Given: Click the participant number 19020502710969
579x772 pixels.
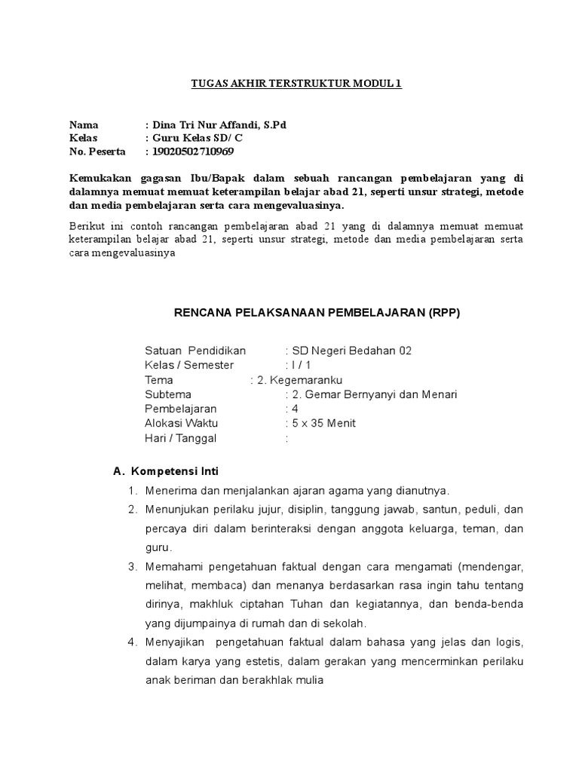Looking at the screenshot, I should (193, 152).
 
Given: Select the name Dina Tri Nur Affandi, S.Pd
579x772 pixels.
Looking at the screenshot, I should (219, 124).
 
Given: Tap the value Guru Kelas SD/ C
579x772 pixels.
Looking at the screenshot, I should (198, 138).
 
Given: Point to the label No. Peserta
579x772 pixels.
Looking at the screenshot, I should (97, 152).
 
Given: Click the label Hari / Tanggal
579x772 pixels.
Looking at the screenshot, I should (180, 438).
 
